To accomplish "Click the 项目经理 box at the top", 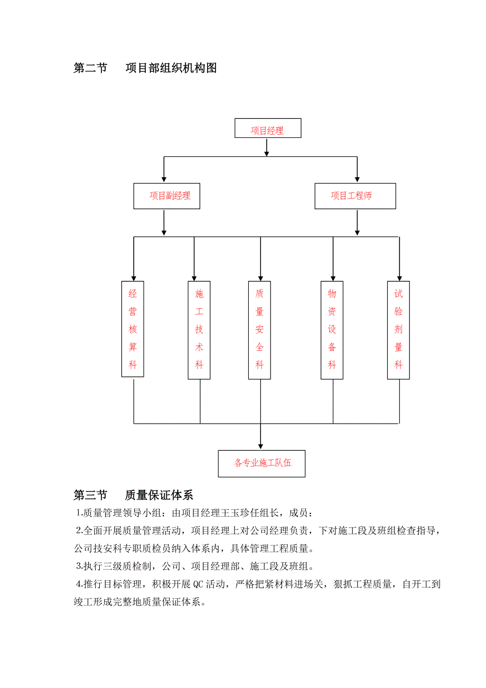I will pyautogui.click(x=267, y=128).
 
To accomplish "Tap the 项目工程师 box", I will pyautogui.click(x=354, y=196).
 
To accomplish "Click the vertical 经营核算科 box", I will pyautogui.click(x=133, y=329).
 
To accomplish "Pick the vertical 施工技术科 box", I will pyautogui.click(x=199, y=330).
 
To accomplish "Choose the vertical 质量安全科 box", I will pyautogui.click(x=259, y=330).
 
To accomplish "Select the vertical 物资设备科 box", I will pyautogui.click(x=332, y=330).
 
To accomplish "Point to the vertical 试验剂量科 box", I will pyautogui.click(x=398, y=330).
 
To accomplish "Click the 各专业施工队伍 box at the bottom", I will pyautogui.click(x=262, y=463).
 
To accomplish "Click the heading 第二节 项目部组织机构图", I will pyautogui.click(x=145, y=68).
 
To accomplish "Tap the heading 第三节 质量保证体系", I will pyautogui.click(x=134, y=495).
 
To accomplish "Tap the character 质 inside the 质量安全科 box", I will pyautogui.click(x=259, y=294).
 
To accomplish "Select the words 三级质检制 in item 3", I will pyautogui.click(x=121, y=567).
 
